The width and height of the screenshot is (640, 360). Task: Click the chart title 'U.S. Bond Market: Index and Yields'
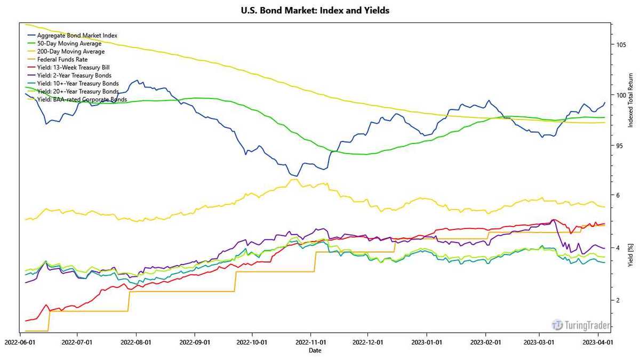click(x=315, y=11)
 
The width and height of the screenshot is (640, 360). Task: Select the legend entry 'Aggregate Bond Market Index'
click(x=77, y=35)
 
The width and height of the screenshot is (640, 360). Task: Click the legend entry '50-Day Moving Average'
click(x=69, y=43)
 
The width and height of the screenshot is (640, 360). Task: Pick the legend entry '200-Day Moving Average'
click(x=70, y=51)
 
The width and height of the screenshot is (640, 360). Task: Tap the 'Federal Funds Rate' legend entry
click(x=62, y=59)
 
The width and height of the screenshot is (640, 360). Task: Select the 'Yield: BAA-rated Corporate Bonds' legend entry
click(x=82, y=99)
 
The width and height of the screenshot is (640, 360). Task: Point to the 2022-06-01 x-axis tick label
click(x=20, y=342)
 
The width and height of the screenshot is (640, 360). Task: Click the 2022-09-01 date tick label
click(x=194, y=342)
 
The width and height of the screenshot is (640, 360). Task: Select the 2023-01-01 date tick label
click(x=426, y=342)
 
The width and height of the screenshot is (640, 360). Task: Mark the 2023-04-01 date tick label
click(x=596, y=342)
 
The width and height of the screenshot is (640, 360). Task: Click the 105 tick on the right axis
click(x=621, y=44)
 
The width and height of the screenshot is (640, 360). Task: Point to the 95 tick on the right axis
click(x=620, y=146)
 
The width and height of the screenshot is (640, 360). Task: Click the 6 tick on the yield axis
click(x=618, y=195)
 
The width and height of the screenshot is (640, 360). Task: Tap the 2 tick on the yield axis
click(x=618, y=300)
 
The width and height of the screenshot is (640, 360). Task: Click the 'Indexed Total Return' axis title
click(x=630, y=100)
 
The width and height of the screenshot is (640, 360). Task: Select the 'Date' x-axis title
click(x=315, y=350)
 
